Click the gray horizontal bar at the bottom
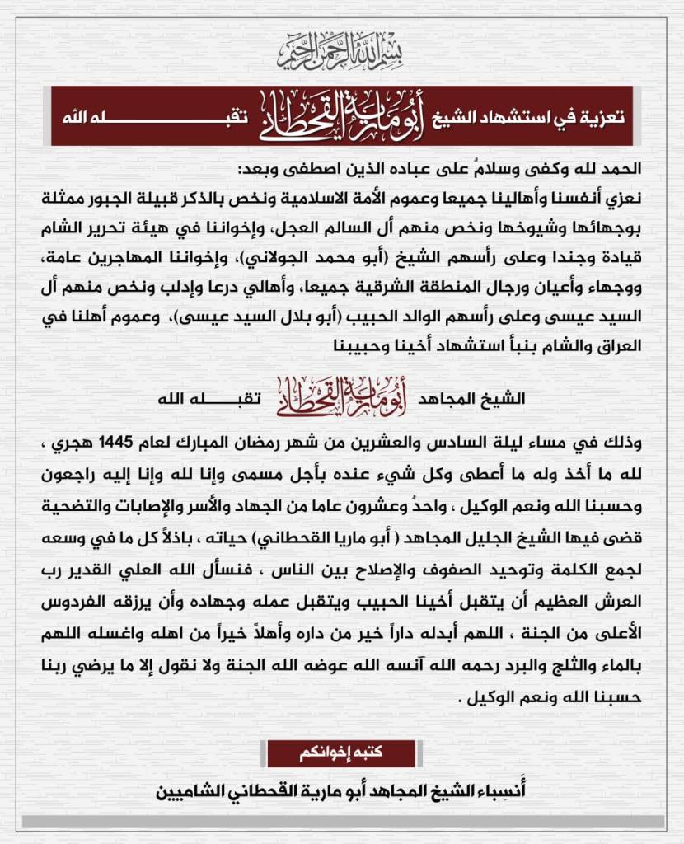(x=342, y=821)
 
